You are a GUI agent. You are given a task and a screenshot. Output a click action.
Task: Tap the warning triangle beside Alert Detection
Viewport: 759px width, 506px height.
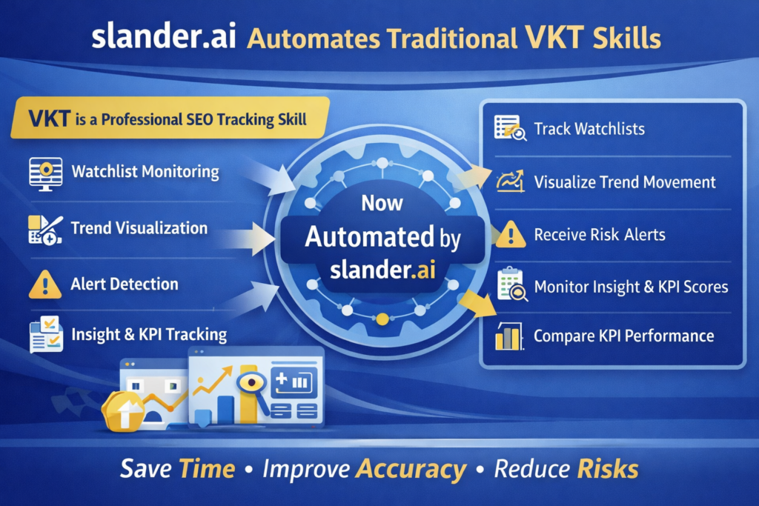(45, 284)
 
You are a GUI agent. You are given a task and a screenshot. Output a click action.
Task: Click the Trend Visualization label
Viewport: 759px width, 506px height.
(139, 228)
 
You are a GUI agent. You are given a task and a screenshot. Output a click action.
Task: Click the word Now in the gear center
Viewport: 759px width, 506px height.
(382, 202)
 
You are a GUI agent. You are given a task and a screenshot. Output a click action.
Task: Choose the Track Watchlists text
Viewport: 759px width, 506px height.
(589, 129)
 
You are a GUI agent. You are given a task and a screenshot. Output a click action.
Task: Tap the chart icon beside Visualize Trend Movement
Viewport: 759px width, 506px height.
(510, 182)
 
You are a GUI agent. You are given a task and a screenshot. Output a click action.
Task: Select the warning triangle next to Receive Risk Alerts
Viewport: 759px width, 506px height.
(510, 236)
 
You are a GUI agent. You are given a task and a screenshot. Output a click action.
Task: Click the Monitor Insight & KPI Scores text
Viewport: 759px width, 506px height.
(631, 287)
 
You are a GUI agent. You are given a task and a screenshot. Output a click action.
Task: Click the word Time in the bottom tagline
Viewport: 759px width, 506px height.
(208, 469)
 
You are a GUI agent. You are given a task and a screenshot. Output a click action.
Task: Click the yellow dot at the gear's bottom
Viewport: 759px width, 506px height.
(382, 320)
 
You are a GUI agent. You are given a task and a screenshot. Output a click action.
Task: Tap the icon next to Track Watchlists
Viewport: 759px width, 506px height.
(510, 128)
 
